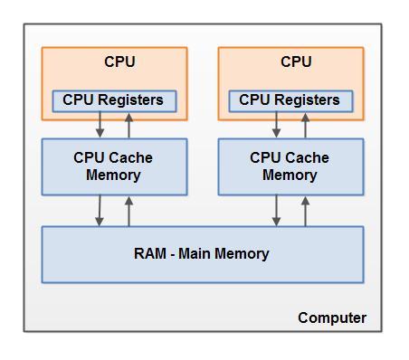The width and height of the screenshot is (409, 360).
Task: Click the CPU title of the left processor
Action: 119,62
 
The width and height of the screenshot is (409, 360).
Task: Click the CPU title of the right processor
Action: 296,62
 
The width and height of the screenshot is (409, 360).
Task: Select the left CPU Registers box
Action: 113,100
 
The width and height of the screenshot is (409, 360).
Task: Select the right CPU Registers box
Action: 290,100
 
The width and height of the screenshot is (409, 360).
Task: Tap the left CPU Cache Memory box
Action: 113,166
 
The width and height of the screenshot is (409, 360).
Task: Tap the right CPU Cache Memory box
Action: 290,166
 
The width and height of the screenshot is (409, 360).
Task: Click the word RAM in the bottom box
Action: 150,254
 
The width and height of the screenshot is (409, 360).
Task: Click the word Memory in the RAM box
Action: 242,254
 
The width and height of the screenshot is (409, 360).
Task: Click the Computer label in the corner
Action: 332,317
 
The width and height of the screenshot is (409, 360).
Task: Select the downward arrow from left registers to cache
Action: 100,125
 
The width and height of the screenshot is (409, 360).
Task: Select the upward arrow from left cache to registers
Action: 128,125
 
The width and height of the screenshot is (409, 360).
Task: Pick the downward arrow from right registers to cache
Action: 276,125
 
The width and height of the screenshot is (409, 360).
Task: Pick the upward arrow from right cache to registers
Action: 305,125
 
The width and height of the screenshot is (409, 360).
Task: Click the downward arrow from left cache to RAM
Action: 100,211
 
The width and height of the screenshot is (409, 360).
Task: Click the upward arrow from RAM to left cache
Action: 128,211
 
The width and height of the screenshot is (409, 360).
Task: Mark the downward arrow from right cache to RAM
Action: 276,211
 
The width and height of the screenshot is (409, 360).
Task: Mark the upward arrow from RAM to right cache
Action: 305,211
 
